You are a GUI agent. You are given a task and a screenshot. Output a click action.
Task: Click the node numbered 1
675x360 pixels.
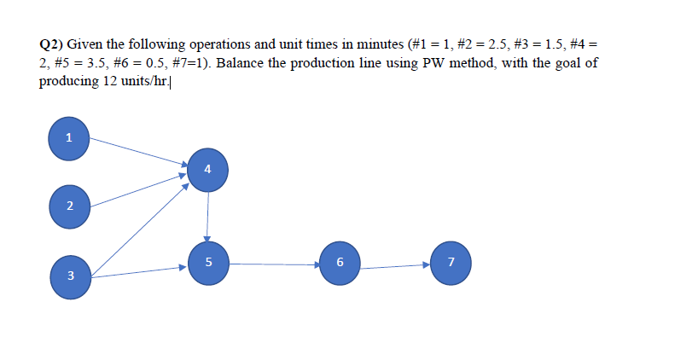coord(69,137)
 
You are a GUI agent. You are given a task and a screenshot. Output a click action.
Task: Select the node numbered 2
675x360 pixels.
coord(69,206)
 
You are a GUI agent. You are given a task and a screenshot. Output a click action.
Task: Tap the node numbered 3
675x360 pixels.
coord(69,276)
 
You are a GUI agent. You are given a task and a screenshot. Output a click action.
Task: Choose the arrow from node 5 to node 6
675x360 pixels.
coord(274,264)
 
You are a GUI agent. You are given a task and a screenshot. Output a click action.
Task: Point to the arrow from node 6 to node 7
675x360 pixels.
coord(394,266)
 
